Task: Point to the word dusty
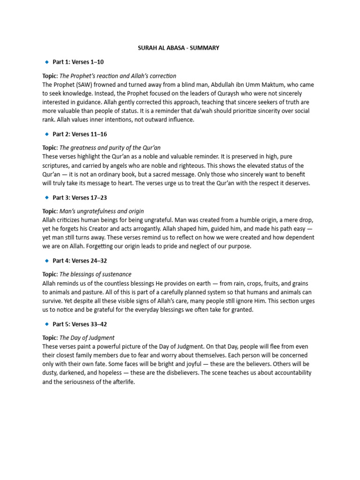(51, 373)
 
